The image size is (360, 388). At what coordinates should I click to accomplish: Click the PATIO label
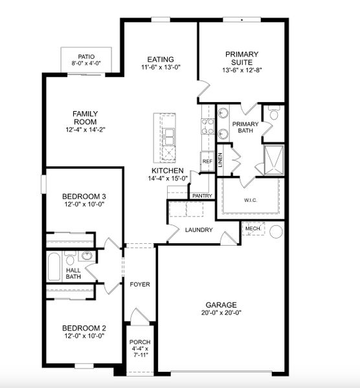click(86, 57)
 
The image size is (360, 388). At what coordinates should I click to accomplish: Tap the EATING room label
click(161, 59)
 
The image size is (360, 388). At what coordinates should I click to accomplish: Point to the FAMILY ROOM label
click(84, 117)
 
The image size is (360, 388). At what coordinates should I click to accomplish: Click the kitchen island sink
click(168, 136)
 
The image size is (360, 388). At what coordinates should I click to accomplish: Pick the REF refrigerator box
click(207, 162)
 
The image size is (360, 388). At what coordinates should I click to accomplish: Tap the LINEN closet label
click(221, 160)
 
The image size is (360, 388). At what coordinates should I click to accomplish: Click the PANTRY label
click(202, 195)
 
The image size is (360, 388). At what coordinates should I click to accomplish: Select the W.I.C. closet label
click(251, 200)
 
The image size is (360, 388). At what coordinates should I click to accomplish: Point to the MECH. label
click(253, 228)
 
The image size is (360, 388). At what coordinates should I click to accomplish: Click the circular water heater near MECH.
click(276, 231)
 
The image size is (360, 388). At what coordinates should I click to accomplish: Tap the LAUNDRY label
click(199, 230)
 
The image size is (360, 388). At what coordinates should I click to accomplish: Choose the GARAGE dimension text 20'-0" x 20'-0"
click(221, 313)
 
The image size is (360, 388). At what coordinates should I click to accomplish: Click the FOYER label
click(140, 284)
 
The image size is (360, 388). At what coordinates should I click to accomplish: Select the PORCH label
click(140, 342)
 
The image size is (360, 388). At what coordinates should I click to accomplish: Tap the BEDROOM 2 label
click(84, 328)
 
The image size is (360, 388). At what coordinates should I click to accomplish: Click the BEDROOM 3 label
click(84, 197)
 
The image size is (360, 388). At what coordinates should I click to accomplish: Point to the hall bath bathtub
click(54, 266)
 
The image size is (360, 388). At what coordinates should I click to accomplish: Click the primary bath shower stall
click(273, 159)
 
